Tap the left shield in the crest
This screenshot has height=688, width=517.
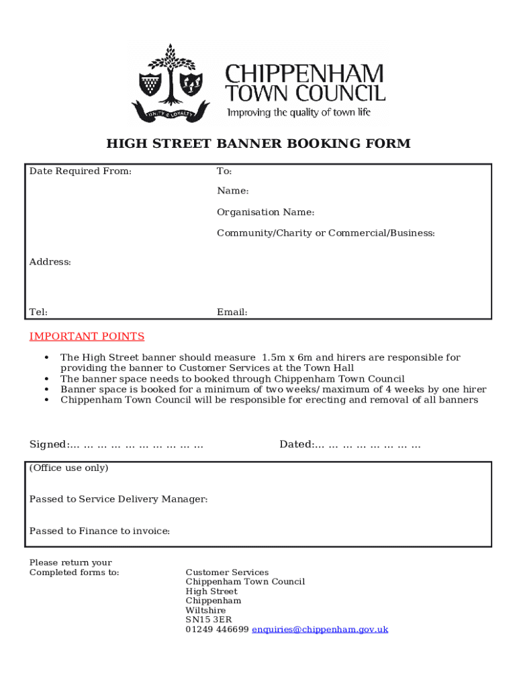tap(149, 84)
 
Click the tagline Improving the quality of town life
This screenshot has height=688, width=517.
tap(298, 112)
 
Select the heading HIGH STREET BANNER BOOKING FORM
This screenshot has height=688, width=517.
tap(258, 144)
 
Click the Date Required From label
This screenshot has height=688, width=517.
tap(80, 171)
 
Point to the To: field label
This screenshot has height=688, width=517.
tap(224, 172)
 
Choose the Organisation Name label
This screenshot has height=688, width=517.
tap(265, 212)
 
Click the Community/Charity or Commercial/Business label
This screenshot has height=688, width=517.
tap(326, 233)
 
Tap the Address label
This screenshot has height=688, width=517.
tap(50, 262)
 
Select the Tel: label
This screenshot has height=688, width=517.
tap(38, 312)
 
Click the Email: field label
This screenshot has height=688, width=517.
tap(232, 312)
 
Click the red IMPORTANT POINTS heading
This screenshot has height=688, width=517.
tap(87, 337)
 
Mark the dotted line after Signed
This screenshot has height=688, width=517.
tap(137, 445)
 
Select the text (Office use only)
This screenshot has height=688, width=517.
tap(68, 468)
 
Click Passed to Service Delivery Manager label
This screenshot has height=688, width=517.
tap(118, 499)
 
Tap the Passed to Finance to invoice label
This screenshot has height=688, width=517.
tap(99, 531)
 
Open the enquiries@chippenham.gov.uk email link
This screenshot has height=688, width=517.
tap(320, 630)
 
